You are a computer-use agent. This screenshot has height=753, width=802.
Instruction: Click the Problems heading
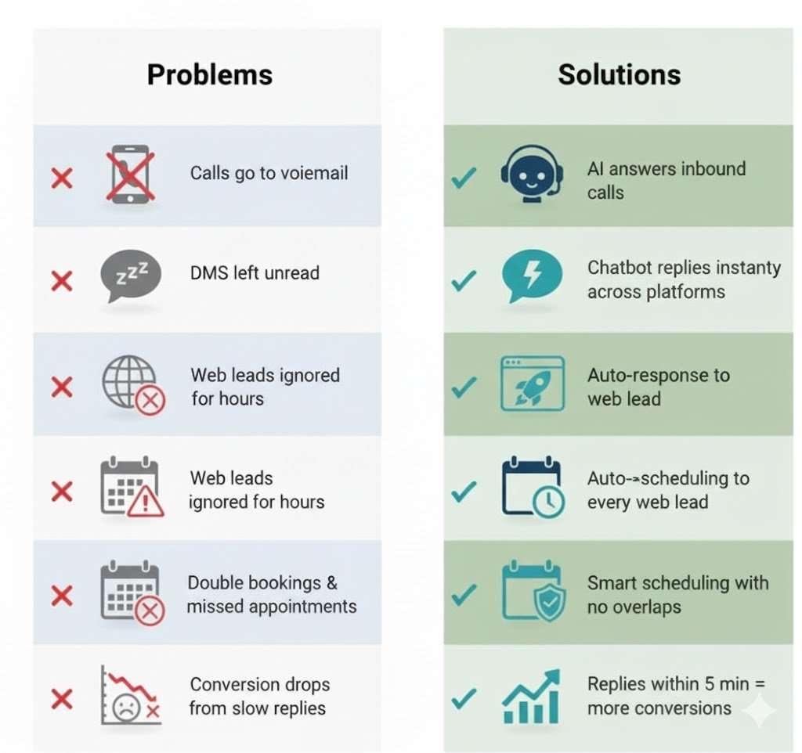pos(210,74)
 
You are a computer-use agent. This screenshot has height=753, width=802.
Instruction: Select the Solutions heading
pos(619,74)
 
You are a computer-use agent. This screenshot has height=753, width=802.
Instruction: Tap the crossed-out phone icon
pos(130,176)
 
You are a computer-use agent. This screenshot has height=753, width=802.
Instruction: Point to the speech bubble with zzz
pos(131,277)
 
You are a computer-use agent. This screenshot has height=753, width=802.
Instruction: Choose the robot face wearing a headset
pos(532,176)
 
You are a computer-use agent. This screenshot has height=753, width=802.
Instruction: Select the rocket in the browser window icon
pos(532,384)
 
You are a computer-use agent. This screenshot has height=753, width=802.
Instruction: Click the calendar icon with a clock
pos(532,488)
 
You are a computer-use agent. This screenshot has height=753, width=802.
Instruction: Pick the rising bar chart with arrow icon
pos(532,696)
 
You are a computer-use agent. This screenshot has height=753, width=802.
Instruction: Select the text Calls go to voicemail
pos(269,172)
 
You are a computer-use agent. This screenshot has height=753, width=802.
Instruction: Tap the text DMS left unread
pos(255,273)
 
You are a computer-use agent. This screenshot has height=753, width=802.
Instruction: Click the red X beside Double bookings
pos(61,596)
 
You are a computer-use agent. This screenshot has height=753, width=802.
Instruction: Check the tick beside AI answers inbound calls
pos(464,178)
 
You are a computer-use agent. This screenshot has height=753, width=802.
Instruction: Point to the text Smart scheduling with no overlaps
pos(677,594)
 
